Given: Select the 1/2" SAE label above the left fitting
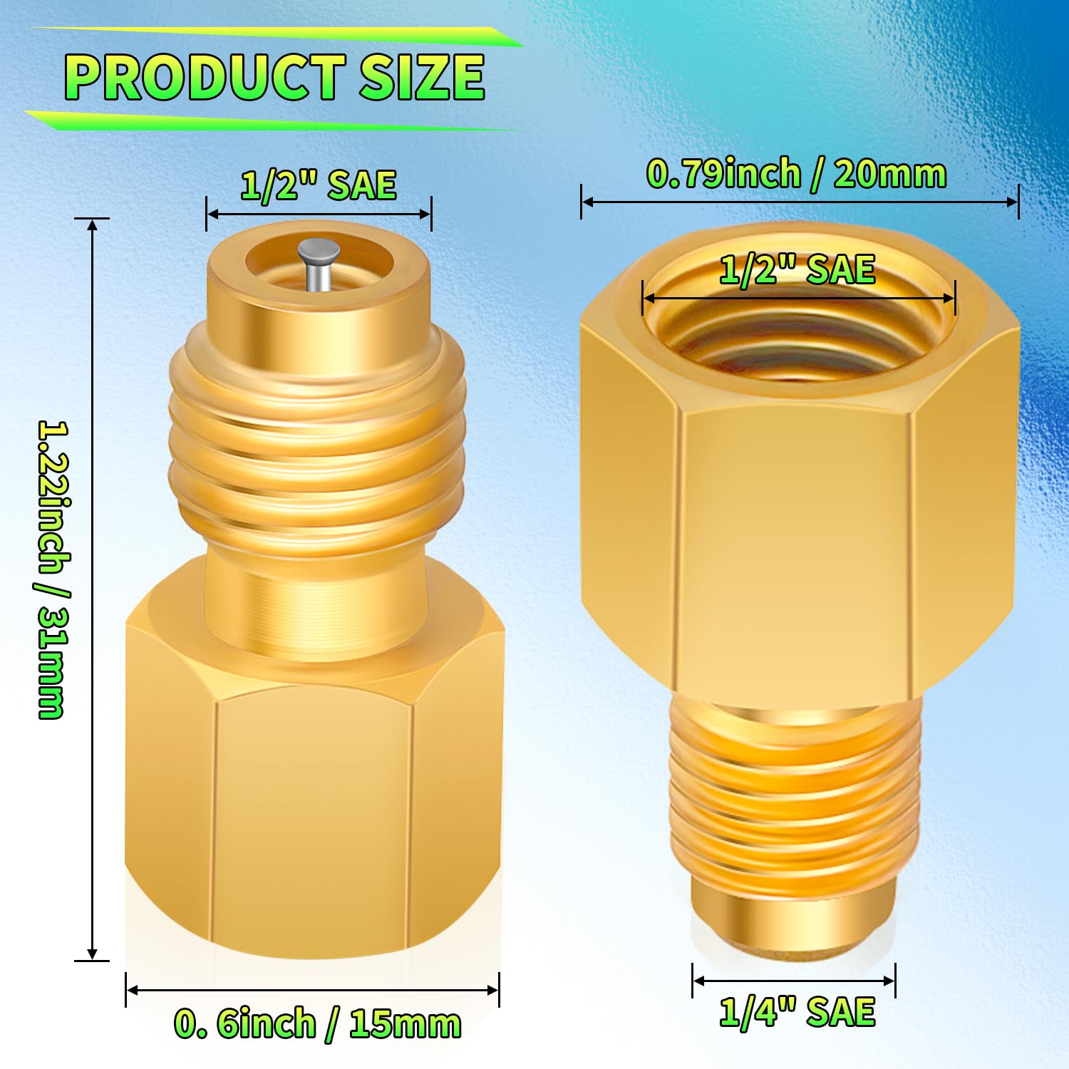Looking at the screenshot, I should (x=318, y=185).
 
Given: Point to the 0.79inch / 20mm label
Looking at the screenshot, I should (x=796, y=174).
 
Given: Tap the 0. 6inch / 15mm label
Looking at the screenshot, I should (x=317, y=1024).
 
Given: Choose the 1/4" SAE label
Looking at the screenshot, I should (x=797, y=1012).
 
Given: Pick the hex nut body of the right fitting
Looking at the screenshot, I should (x=797, y=542).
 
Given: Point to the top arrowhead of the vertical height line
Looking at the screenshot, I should (x=93, y=225).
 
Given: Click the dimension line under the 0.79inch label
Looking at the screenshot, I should (x=798, y=202).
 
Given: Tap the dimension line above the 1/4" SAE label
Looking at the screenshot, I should (x=793, y=981).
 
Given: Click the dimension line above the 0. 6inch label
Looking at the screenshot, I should (x=312, y=990).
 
